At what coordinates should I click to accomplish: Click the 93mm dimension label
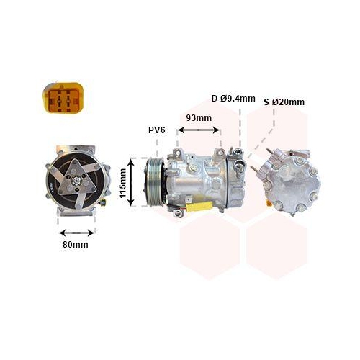coord(199,118)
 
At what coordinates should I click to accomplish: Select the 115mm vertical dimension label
coord(123,183)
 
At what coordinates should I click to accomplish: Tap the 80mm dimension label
coord(76,245)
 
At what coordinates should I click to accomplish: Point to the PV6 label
coord(157,130)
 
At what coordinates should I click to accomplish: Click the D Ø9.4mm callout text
coord(233,99)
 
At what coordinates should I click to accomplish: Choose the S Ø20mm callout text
coord(284,102)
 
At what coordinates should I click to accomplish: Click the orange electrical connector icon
coord(63,97)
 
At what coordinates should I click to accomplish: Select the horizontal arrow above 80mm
coord(77,233)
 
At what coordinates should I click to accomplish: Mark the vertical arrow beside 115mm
coord(131,183)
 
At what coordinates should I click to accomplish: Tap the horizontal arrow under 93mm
coord(199,130)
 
